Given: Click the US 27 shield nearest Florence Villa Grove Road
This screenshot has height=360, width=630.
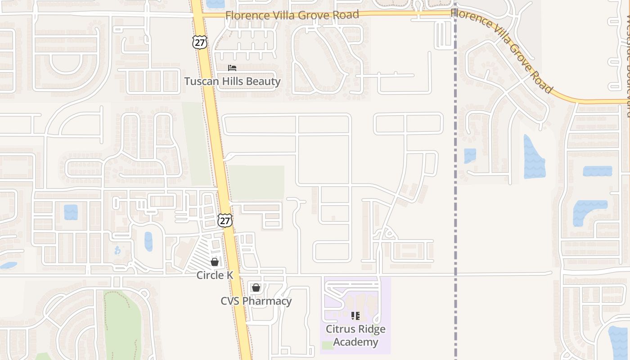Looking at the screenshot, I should coord(199,41).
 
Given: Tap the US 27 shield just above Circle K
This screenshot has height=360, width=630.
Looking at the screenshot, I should coord(225,220).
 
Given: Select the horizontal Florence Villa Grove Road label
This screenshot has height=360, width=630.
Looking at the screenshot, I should coord(292,15).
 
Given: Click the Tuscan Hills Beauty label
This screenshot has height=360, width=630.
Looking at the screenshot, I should coord(232,81).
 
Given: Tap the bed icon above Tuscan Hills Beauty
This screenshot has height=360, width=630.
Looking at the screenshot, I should coord(232,68).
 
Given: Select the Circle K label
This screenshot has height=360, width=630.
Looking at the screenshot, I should coord(215,275).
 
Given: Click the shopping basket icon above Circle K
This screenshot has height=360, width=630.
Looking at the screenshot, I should coord(215,262).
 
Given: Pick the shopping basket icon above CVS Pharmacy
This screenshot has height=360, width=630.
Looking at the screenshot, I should coord(256,288).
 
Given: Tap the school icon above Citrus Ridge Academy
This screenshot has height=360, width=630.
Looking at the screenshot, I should coord(355,316).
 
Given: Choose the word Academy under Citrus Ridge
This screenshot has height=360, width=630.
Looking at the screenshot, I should coord(355,342).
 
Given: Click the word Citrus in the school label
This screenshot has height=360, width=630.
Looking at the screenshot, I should coord(343,329).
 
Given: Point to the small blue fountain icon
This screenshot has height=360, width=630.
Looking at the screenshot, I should coord(118,250).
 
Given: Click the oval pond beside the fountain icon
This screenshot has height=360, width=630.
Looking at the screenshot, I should coord(148,242).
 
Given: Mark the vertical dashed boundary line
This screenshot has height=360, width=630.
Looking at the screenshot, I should coord(455,202).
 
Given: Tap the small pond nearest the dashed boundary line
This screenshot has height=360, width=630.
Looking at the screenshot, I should coord(470,156).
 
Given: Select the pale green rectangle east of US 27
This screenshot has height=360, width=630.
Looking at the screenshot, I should coord(257,182).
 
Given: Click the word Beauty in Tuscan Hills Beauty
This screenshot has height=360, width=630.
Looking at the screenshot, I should coord(263,81).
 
